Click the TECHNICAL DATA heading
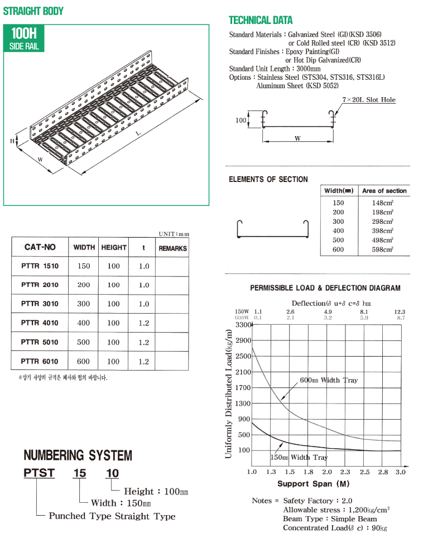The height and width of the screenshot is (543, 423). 260,21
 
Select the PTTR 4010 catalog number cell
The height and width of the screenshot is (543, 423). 40,323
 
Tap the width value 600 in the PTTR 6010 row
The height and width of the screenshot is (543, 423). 84,361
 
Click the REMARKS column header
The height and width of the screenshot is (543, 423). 172,248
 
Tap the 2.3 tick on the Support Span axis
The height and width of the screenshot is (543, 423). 345,472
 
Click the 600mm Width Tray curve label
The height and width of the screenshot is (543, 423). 329,380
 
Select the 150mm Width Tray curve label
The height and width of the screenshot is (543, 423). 299,457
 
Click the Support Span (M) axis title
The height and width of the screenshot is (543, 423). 313,484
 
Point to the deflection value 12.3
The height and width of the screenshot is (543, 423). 400,311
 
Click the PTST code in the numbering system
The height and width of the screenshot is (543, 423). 39,473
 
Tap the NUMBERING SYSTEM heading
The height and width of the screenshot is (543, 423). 78,455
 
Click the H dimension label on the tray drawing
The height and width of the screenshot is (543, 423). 12,141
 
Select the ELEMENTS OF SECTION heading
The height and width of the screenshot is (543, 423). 268,179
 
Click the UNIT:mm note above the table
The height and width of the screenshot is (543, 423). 174,234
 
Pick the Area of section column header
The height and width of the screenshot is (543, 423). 384,191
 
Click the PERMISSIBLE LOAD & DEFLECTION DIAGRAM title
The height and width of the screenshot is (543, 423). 325,288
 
